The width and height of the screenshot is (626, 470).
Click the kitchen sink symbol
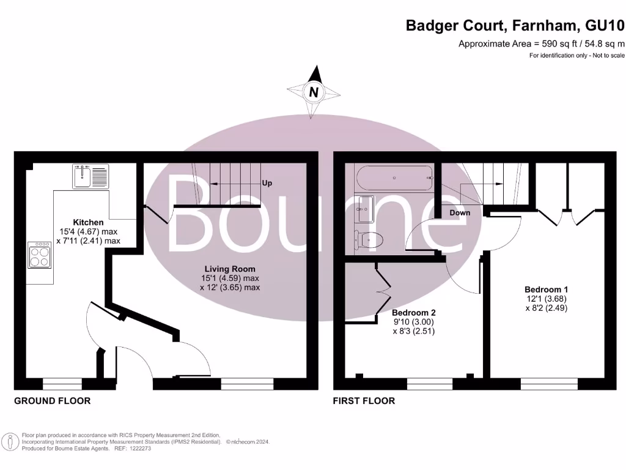click(x=90, y=176)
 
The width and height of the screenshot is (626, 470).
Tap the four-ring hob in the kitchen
click(x=40, y=256)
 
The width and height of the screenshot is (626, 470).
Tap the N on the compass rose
click(x=314, y=92)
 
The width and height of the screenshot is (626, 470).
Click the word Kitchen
click(x=88, y=222)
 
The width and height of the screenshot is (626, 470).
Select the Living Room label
click(x=230, y=269)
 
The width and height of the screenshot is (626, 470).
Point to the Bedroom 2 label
click(x=413, y=311)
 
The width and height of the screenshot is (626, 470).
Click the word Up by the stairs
click(x=267, y=183)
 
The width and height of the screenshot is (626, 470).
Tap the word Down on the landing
click(x=460, y=213)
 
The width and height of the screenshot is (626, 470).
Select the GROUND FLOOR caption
click(x=52, y=401)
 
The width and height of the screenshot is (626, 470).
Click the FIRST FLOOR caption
click(x=364, y=401)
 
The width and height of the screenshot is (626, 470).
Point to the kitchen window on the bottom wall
click(x=62, y=384)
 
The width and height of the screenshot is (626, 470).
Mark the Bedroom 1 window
click(x=549, y=384)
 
